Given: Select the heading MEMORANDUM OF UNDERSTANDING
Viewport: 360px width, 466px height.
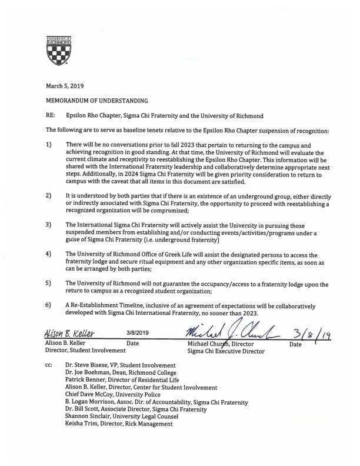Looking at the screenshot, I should (96, 101).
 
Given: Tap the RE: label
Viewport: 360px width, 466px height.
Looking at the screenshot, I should (50, 116).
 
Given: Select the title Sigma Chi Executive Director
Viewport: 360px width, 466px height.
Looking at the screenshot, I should (225, 351).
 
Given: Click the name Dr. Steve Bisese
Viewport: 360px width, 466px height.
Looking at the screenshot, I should (89, 365).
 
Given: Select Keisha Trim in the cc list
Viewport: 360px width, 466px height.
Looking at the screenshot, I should (82, 424).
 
